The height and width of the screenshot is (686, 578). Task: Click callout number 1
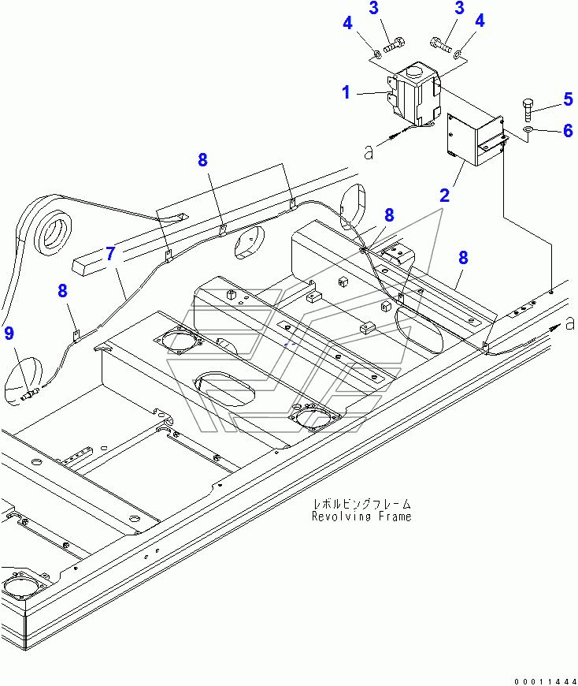(346, 93)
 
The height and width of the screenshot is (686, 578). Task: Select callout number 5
(568, 99)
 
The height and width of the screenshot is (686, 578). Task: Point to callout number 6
(568, 131)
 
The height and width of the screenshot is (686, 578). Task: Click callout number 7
(110, 254)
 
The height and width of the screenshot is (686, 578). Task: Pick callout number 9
(9, 334)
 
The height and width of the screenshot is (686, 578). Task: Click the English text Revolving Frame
(361, 516)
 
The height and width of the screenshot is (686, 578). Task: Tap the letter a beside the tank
(369, 151)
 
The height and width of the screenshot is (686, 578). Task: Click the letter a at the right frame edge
(569, 321)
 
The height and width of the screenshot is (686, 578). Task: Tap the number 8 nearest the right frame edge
(463, 257)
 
